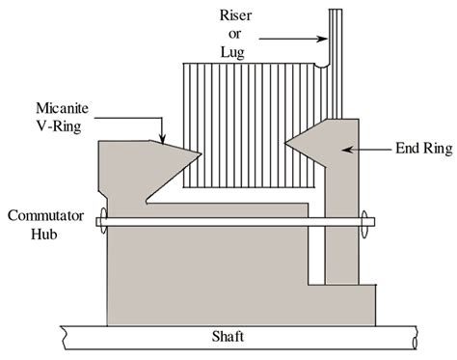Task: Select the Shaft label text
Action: click(x=228, y=339)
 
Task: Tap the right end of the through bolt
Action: click(x=367, y=228)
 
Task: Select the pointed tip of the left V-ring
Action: click(x=201, y=153)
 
